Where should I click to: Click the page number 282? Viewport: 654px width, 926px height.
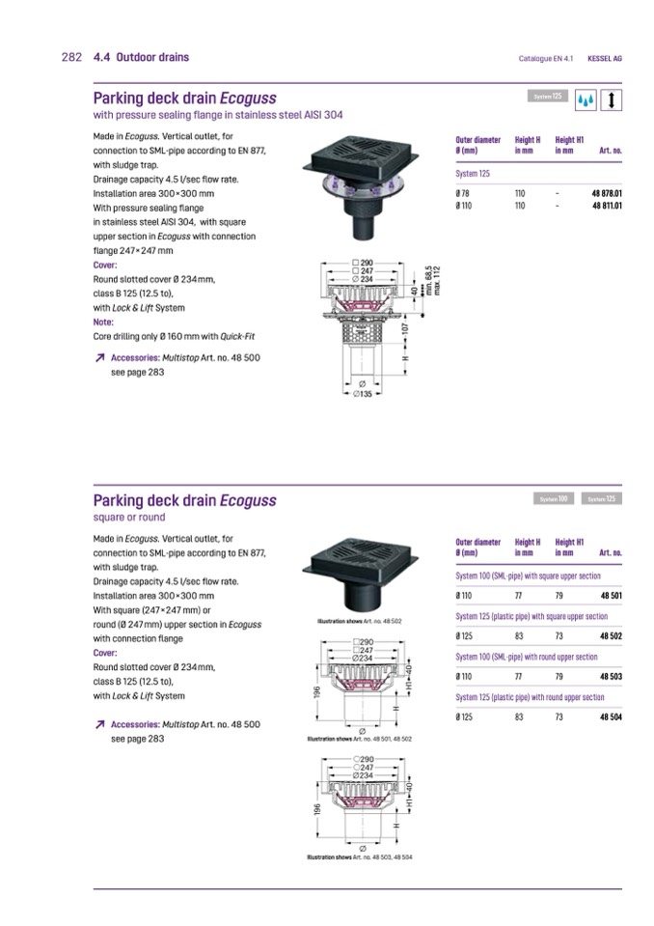pyautogui.click(x=70, y=57)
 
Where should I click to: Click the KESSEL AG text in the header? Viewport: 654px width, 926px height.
pyautogui.click(x=605, y=58)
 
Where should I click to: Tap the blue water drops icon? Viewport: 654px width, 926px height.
pyautogui.click(x=586, y=99)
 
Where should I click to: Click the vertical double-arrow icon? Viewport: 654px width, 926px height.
pyautogui.click(x=613, y=99)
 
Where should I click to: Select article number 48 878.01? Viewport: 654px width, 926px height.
pyautogui.click(x=606, y=194)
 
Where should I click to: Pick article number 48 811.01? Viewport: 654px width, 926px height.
pyautogui.click(x=606, y=206)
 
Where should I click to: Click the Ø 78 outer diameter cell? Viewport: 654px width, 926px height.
pyautogui.click(x=462, y=194)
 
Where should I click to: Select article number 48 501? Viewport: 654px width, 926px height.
pyautogui.click(x=611, y=596)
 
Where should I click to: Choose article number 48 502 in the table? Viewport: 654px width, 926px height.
pyautogui.click(x=611, y=636)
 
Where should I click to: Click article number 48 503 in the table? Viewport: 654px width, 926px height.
pyautogui.click(x=611, y=677)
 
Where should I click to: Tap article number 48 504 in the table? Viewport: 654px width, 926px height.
pyautogui.click(x=611, y=717)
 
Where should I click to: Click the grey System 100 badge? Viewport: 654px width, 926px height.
pyautogui.click(x=554, y=498)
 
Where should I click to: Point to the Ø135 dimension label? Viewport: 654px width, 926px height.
pyautogui.click(x=363, y=394)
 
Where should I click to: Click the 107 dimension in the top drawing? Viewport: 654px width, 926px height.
pyautogui.click(x=405, y=328)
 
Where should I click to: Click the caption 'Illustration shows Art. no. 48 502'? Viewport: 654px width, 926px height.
pyautogui.click(x=359, y=621)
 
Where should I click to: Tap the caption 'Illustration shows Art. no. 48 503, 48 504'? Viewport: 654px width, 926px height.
pyautogui.click(x=359, y=857)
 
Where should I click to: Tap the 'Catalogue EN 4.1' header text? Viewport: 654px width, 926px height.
pyautogui.click(x=546, y=58)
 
